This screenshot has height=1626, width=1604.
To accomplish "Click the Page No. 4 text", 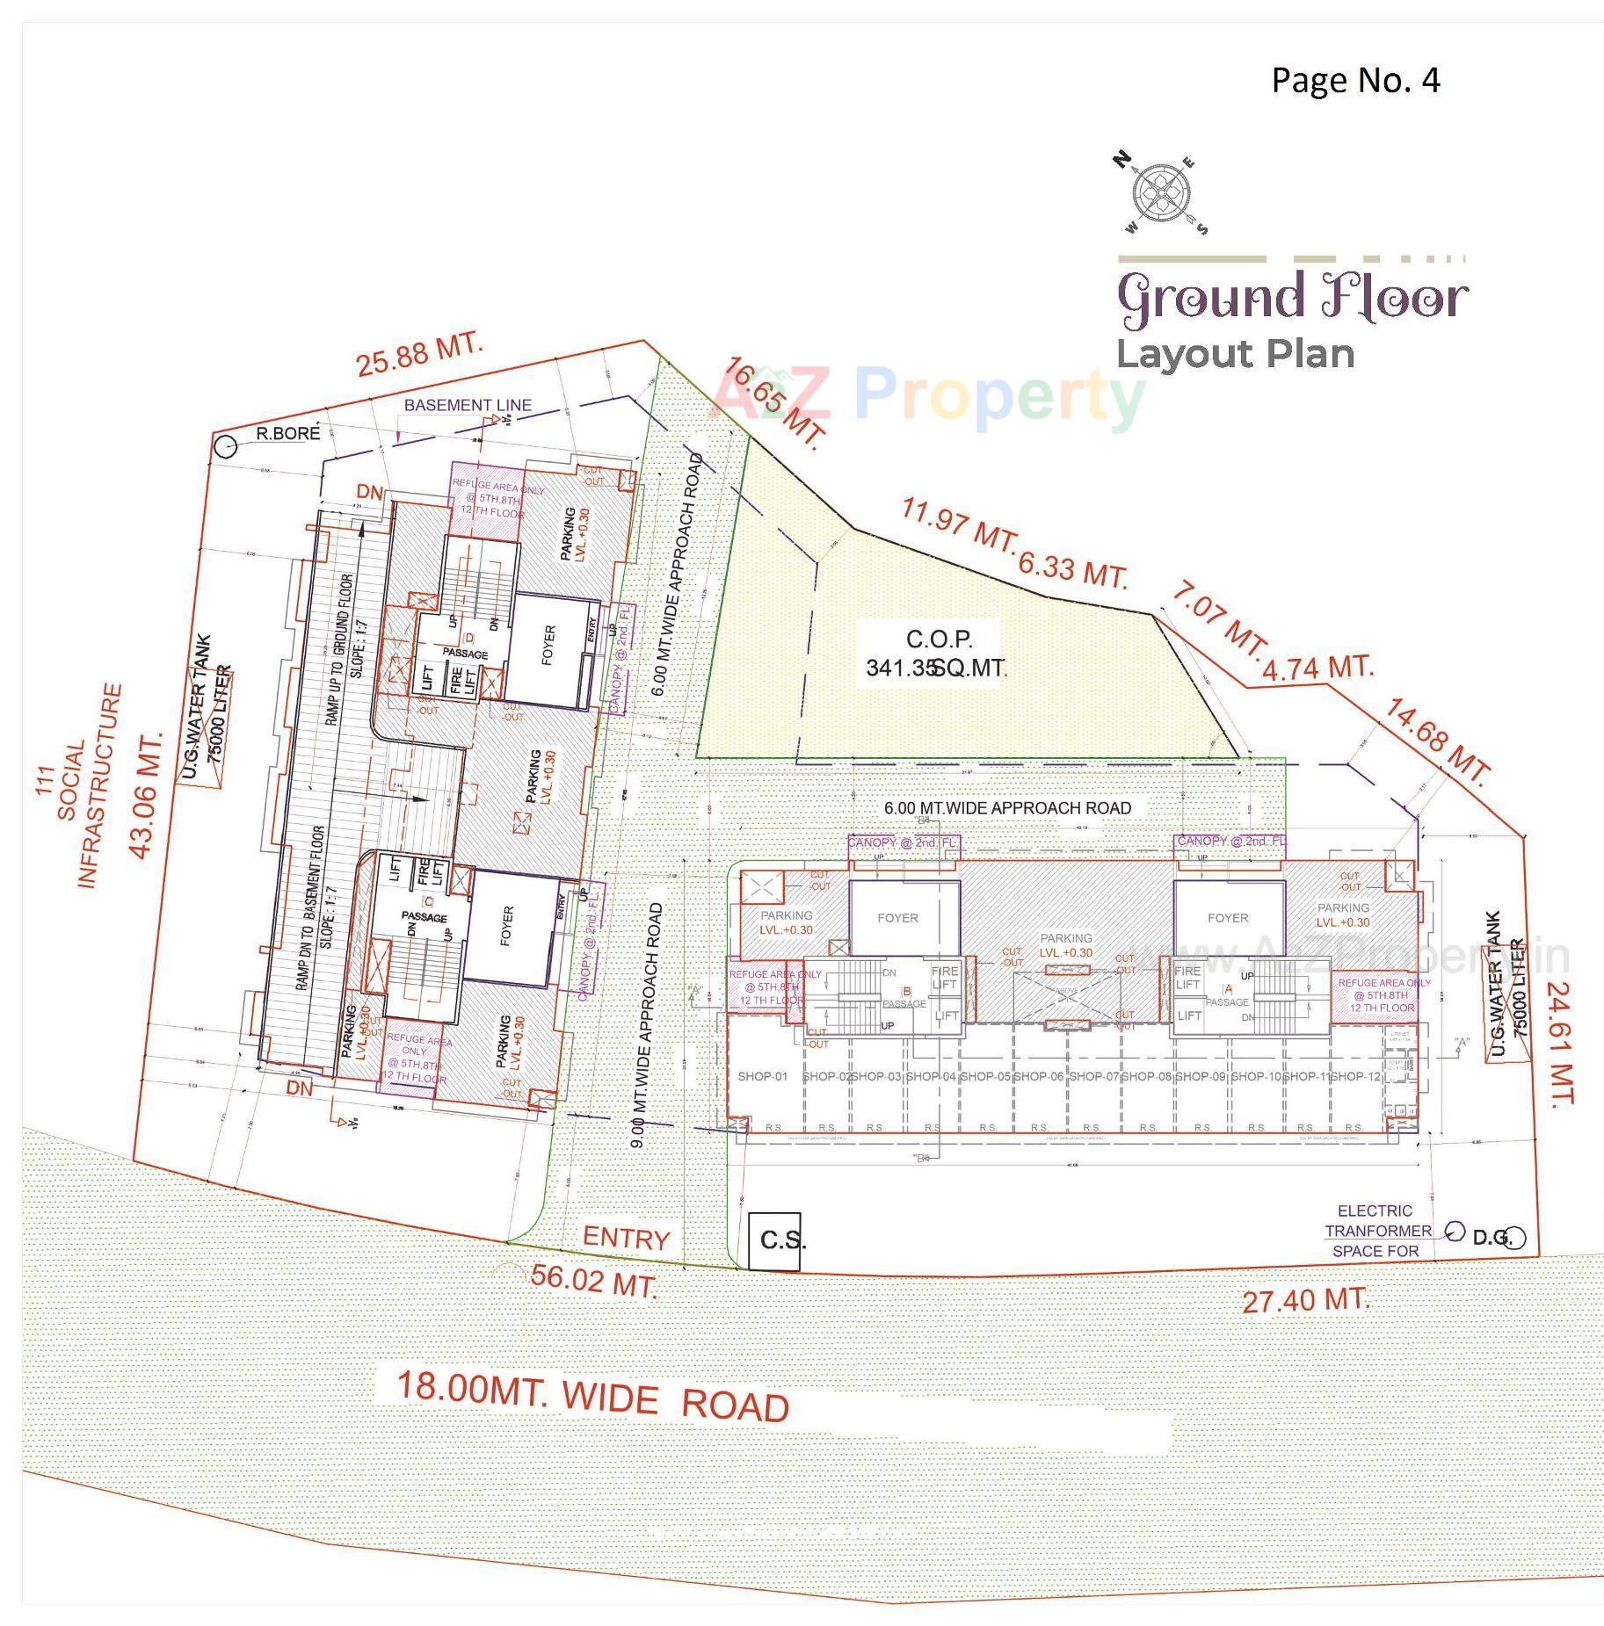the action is click(1354, 81).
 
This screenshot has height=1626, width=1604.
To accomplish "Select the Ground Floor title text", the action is click(1292, 297).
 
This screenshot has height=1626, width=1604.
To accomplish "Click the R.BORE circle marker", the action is click(226, 446).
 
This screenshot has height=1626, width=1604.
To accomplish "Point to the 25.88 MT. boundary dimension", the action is click(419, 353).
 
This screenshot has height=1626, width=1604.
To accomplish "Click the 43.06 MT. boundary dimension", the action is click(147, 792).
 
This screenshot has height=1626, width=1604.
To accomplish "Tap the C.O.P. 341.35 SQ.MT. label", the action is click(938, 653).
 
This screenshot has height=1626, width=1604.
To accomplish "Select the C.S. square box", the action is click(774, 1240).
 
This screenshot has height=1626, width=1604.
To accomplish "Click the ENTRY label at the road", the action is click(626, 1238).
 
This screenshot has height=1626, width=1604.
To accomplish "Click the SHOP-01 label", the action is click(762, 1076).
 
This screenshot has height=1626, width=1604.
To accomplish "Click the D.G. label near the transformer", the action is click(1492, 1238).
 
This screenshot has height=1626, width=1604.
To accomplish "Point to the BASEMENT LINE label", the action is click(468, 405).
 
